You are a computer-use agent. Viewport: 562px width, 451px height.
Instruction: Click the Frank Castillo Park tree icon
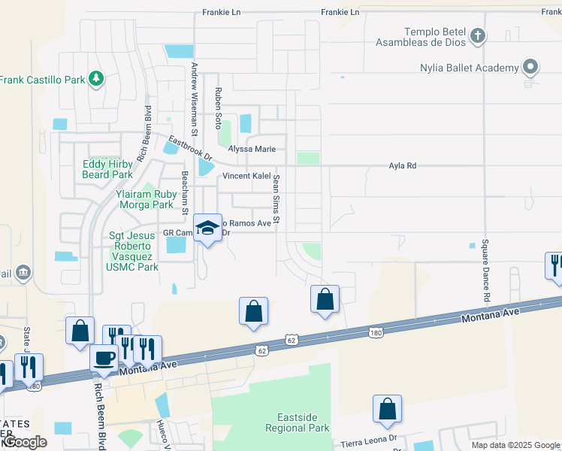tap(95, 78)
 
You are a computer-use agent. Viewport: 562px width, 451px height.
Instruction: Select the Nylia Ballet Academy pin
tap(530, 68)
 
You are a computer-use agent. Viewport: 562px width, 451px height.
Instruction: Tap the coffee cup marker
tap(104, 357)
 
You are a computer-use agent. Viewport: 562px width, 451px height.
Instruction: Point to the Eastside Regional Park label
tap(298, 422)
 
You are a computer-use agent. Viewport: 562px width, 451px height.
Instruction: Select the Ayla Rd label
tap(402, 165)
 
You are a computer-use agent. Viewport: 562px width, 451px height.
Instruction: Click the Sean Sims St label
tap(276, 199)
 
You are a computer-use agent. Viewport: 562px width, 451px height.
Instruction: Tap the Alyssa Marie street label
tap(249, 149)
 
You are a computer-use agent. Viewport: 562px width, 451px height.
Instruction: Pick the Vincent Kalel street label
tap(246, 176)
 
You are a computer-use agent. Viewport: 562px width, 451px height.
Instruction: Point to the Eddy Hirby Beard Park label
tap(107, 169)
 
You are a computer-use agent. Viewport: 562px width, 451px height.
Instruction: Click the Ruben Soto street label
tap(219, 107)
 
